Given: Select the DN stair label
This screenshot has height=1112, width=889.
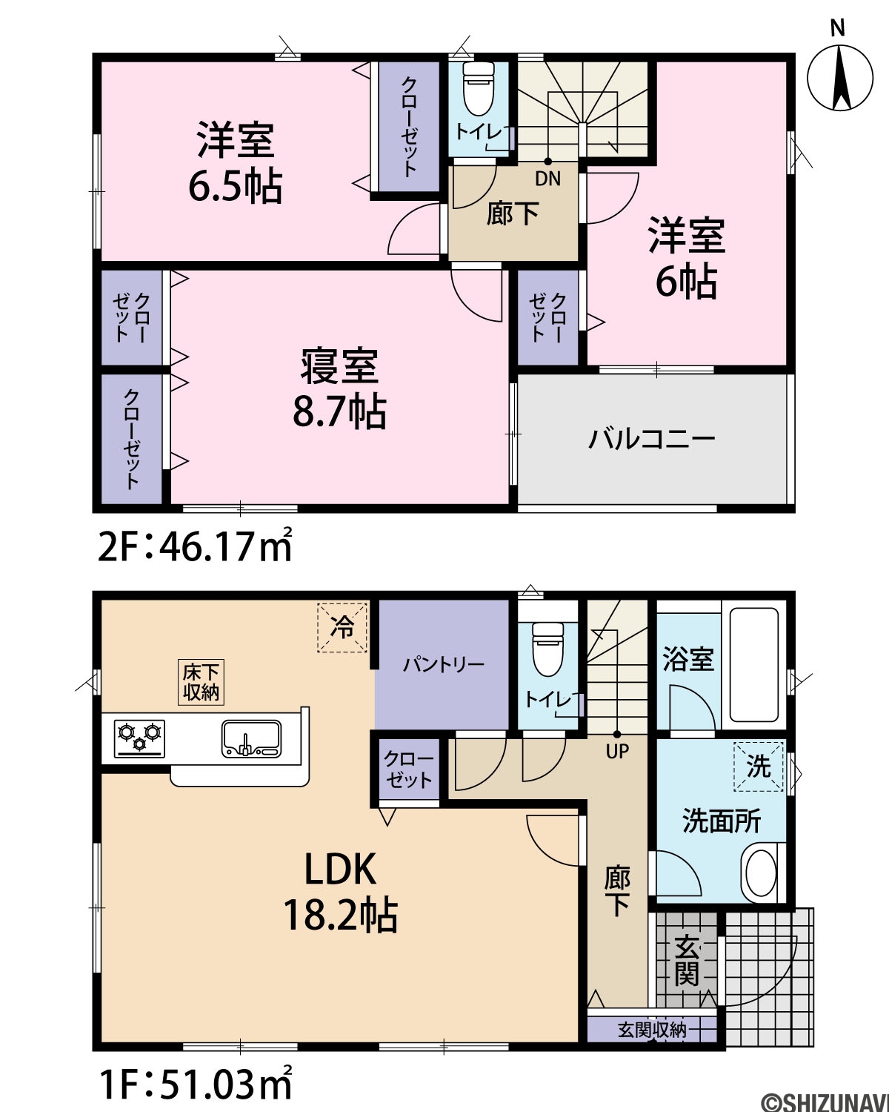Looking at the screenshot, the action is click(548, 179).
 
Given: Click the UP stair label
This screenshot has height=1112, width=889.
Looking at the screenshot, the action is click(617, 751).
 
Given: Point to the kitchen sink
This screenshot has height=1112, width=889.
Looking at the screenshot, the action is click(252, 739).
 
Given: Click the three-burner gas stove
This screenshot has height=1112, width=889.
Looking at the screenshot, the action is click(139, 738).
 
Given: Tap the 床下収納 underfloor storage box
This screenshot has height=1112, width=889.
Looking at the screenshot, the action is click(201, 682).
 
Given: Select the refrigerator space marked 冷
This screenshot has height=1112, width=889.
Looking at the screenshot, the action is click(342, 628).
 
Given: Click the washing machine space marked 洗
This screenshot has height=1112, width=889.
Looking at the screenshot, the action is click(759, 766).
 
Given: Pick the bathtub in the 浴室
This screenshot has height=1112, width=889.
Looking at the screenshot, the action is click(753, 665).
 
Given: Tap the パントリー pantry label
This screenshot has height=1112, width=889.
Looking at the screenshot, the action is click(444, 664).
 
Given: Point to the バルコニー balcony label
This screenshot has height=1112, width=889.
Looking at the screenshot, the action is click(652, 439).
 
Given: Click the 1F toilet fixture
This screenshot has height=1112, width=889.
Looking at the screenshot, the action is click(547, 649).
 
